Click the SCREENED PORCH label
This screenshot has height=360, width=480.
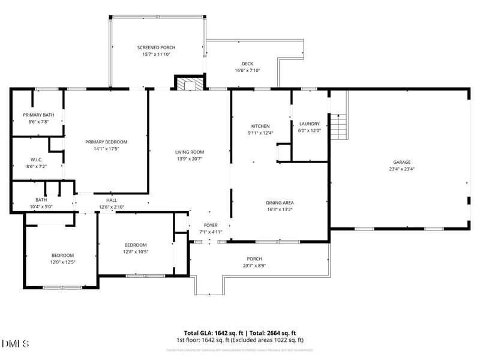tap(156, 47)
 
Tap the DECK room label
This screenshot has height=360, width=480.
tap(247, 64)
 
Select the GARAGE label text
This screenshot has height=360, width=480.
tap(401, 162)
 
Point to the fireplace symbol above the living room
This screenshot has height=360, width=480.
tap(190, 83)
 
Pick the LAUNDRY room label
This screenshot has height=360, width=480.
tap(310, 124)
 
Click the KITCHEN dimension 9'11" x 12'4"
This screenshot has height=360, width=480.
tap(261, 133)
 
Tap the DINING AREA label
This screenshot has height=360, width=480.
tap(280, 203)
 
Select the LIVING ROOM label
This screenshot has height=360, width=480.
tap(190, 152)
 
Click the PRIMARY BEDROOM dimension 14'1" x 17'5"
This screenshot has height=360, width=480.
tap(106, 149)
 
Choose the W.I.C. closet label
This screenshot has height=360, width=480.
tap(37, 160)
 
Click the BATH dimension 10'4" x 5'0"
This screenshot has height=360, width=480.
tap(41, 207)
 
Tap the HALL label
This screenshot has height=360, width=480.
tap(112, 200)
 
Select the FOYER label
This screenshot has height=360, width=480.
tap(210, 225)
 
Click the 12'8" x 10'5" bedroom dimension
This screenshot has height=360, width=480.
tap(136, 251)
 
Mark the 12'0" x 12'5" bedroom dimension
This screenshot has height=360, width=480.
tap(62, 262)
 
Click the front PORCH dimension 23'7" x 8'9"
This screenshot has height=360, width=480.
tap(254, 266)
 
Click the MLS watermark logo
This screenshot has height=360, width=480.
tap(16, 343)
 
